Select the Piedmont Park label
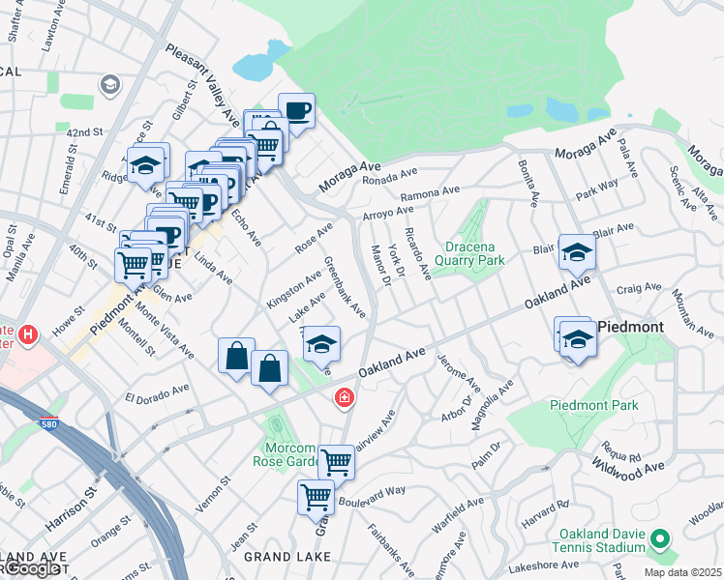(593, 405)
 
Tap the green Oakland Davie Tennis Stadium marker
(660, 539)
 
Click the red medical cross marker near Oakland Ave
(344, 397)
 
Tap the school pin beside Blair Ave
(577, 253)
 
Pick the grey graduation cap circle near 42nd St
(109, 85)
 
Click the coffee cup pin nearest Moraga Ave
(297, 110)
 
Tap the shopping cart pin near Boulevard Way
(317, 498)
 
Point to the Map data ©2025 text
(683, 572)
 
